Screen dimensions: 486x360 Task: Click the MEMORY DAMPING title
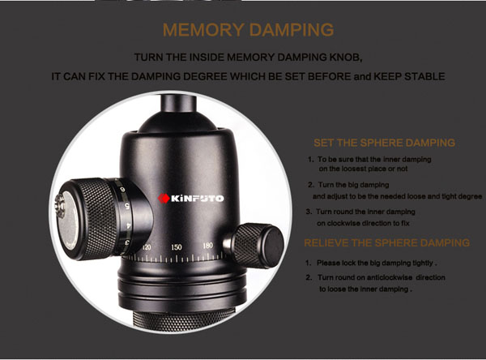coord(249,30)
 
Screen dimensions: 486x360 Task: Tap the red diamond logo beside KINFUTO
coord(164,199)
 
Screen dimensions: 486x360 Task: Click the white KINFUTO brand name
coord(197,199)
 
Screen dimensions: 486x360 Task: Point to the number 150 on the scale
coord(177,247)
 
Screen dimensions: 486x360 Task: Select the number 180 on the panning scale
coord(207,246)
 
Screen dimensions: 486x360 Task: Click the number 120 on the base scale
coord(147,247)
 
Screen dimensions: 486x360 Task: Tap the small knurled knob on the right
coord(258,245)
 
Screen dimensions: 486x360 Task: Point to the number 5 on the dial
coord(127,205)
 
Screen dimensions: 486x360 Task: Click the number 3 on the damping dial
coord(127,242)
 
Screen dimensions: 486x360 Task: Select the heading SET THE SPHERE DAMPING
coord(384,143)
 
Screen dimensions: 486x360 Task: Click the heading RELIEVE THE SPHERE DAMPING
coord(387,242)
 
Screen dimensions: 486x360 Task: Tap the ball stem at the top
coord(178,104)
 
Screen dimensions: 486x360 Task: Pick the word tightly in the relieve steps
coord(423,264)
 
